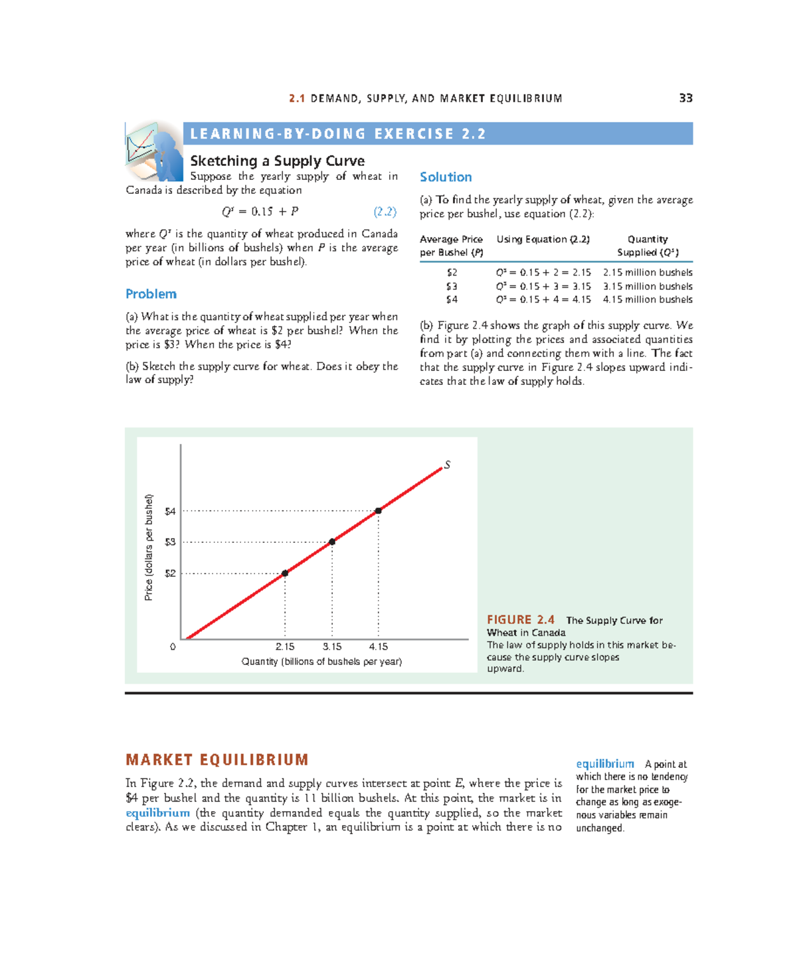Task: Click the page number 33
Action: [685, 98]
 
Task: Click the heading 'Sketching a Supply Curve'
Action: [277, 161]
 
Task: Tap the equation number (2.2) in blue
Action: [385, 212]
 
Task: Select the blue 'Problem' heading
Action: [151, 294]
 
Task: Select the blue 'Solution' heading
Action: [446, 177]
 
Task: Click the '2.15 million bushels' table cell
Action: [648, 272]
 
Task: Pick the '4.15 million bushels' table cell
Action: [648, 299]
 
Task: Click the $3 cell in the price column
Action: [452, 286]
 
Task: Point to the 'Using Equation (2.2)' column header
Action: [543, 239]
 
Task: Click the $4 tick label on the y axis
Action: [171, 511]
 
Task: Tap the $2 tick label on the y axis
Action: [171, 573]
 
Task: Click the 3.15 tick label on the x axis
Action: [332, 646]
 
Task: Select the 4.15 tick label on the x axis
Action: [379, 646]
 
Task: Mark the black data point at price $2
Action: [285, 573]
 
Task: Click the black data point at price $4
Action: [378, 511]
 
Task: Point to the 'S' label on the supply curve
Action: [447, 465]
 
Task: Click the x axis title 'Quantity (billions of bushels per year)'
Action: [321, 662]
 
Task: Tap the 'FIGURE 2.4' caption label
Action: [521, 620]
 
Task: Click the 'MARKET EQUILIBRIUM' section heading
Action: [217, 760]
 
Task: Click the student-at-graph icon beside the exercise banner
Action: [155, 152]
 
